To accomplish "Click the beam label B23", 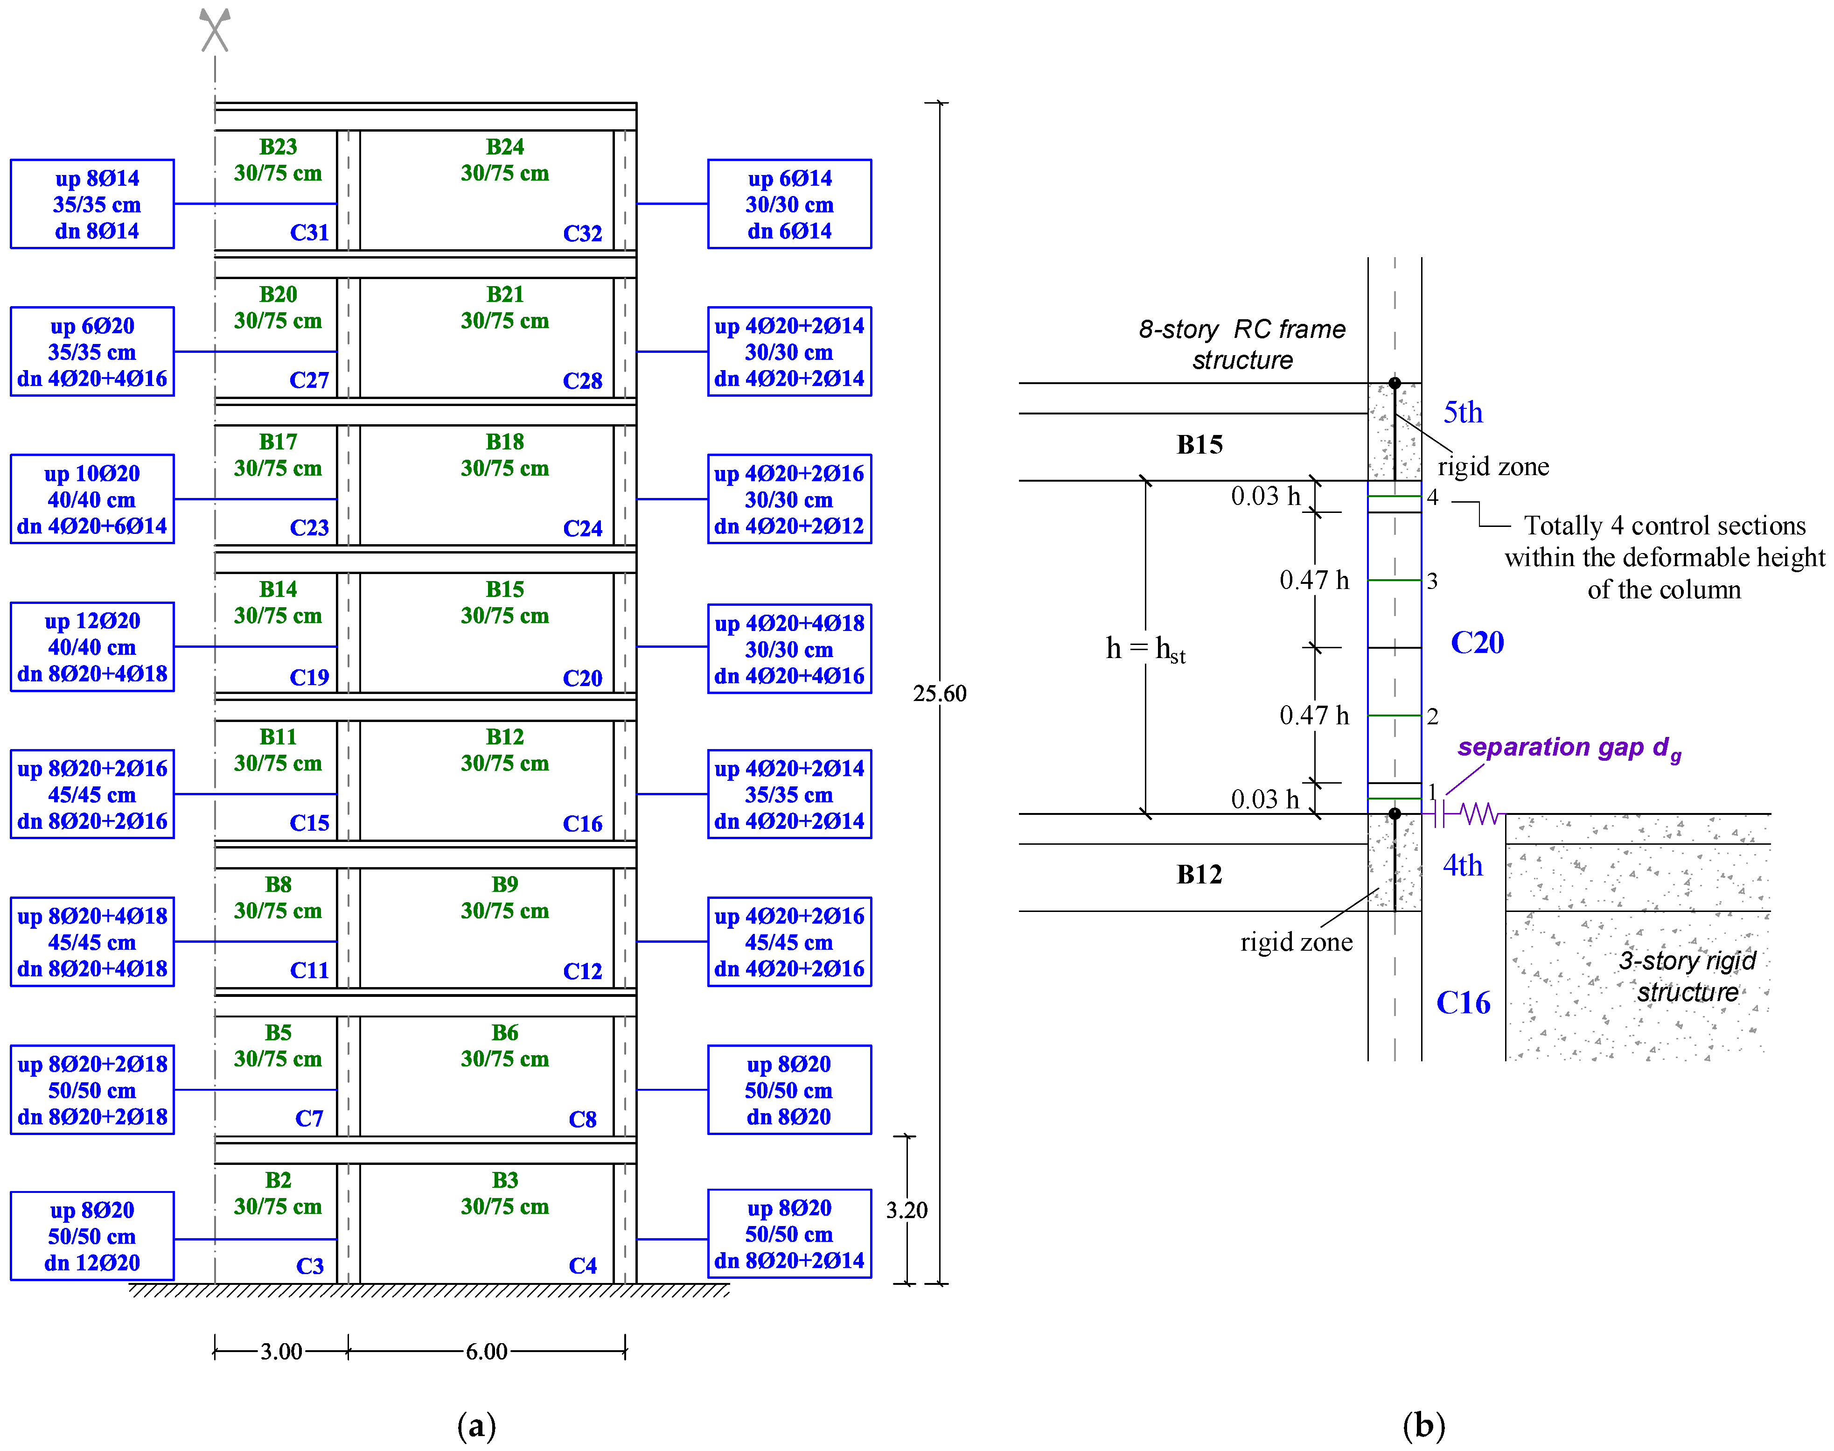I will click(278, 147).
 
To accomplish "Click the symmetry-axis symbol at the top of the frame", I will click(215, 30).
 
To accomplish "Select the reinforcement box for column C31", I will click(92, 204).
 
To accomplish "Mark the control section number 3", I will click(1431, 581).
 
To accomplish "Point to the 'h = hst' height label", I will click(1144, 649).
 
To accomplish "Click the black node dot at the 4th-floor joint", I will click(1394, 814).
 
